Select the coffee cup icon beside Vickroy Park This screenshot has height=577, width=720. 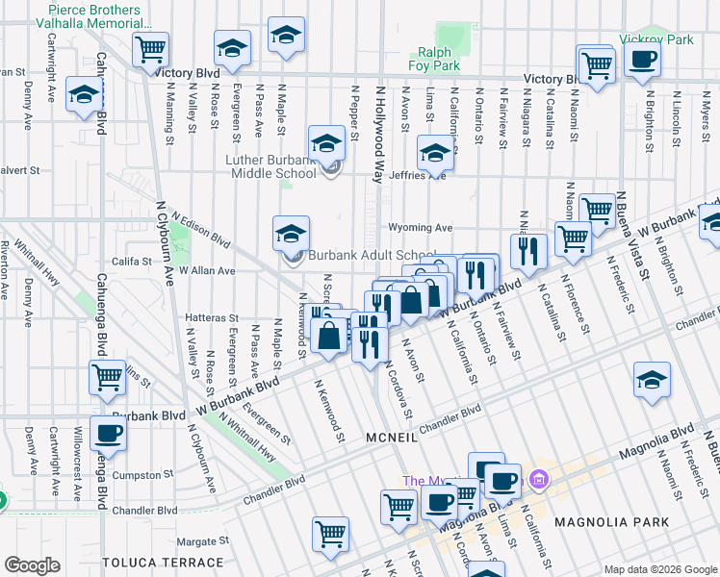coord(642,61)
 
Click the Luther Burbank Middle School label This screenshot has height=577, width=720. coord(271,166)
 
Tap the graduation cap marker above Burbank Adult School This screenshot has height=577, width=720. coord(291,234)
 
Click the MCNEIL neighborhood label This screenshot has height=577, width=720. coord(390,439)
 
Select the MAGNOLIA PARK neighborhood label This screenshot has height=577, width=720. coord(598,521)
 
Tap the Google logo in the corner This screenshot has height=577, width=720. coord(33,564)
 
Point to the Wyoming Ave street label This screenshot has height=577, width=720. coord(420,228)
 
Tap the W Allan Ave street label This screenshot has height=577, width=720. coord(205,271)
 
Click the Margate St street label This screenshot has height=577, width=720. coord(195,540)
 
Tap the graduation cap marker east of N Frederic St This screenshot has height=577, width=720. coord(652,380)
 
